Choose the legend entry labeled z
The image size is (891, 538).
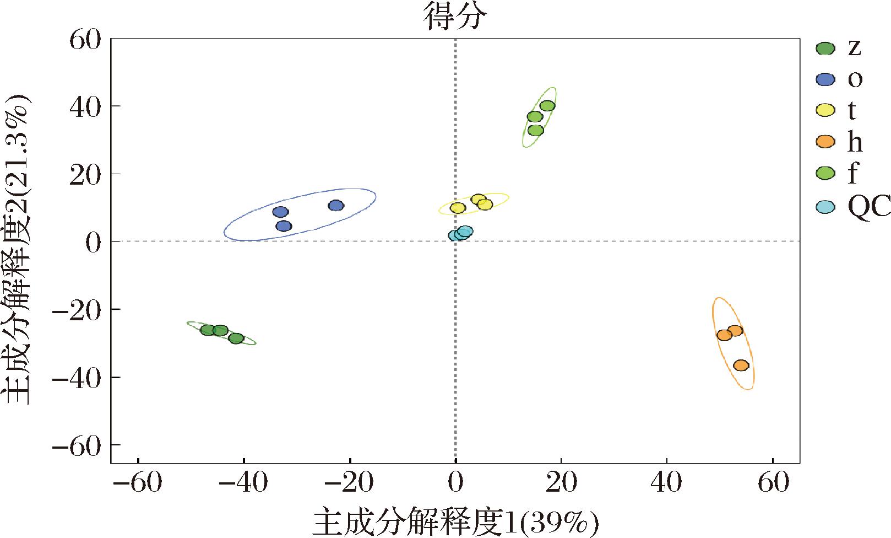pyautogui.click(x=854, y=49)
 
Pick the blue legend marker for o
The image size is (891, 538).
pyautogui.click(x=825, y=80)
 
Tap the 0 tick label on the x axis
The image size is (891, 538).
pyautogui.click(x=455, y=483)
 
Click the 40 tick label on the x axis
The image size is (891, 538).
pyautogui.click(x=666, y=483)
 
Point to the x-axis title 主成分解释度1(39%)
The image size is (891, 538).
pyautogui.click(x=455, y=520)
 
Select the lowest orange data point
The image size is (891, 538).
pyautogui.click(x=741, y=365)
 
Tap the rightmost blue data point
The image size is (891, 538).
pyautogui.click(x=336, y=206)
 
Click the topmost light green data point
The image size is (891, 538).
pyautogui.click(x=547, y=106)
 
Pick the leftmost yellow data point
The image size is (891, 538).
pyautogui.click(x=458, y=208)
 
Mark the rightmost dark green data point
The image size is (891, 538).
pyautogui.click(x=236, y=338)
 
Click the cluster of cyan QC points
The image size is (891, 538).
pyautogui.click(x=460, y=234)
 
